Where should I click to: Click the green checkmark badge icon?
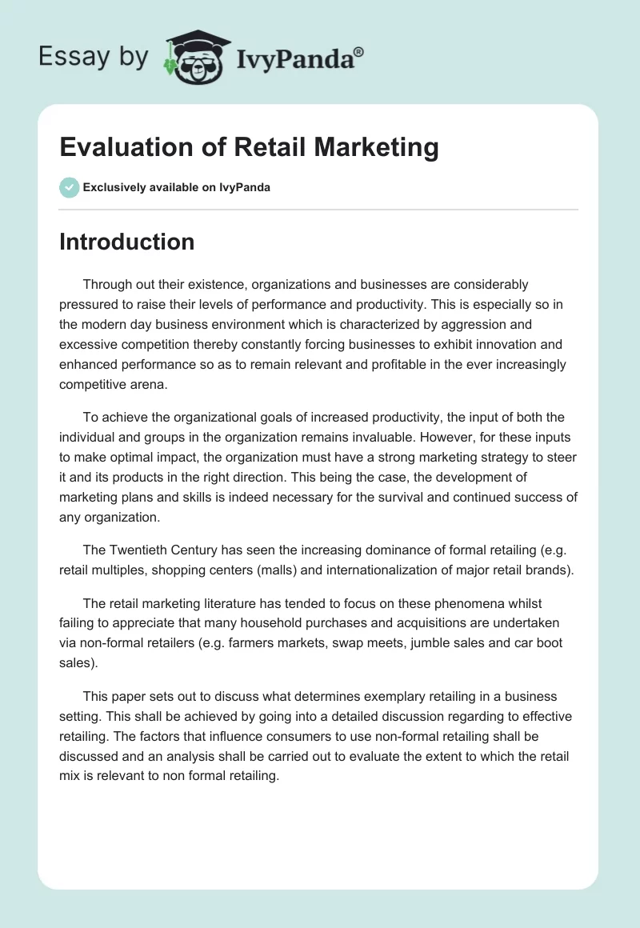69,187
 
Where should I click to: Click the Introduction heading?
126,242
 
